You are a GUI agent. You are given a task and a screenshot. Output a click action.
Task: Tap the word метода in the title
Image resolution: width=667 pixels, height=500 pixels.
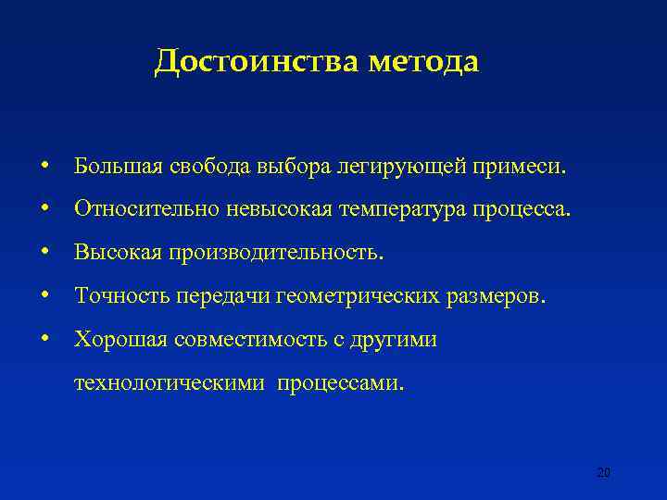pos(423,62)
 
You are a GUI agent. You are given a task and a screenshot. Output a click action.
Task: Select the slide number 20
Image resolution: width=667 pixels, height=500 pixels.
pos(603,473)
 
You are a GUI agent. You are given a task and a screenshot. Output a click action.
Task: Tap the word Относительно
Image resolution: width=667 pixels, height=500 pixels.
pos(145,209)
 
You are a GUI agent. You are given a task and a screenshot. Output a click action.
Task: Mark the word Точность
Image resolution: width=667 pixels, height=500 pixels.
pos(120,295)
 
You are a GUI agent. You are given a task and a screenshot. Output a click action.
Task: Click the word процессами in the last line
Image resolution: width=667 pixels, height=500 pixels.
pos(341,382)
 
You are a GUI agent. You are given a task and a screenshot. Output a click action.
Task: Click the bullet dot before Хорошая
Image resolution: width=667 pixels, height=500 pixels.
pos(44,339)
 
